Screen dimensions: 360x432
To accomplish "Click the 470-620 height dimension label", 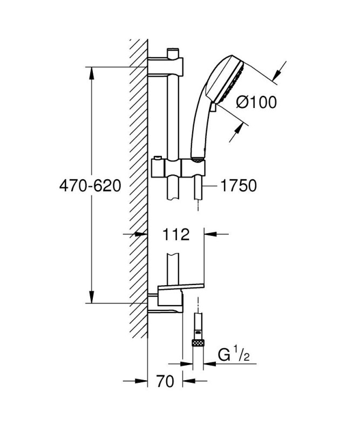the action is click(90, 185).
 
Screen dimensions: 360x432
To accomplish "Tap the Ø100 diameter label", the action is click(256, 102).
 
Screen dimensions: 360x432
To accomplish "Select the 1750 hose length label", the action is click(239, 185).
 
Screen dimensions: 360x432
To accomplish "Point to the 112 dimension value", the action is click(176, 234).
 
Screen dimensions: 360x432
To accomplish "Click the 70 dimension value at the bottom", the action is click(165, 381).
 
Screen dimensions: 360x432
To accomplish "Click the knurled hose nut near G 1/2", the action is click(198, 343).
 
